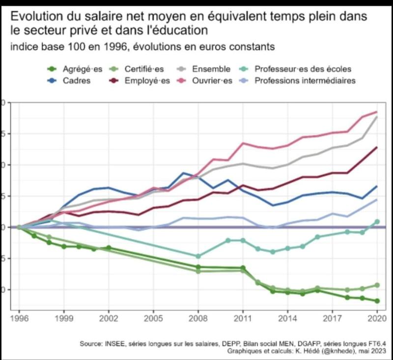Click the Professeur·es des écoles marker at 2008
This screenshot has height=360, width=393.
click(198, 256)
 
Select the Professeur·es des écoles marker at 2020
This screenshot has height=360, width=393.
click(377, 222)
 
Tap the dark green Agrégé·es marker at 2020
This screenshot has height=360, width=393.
click(377, 301)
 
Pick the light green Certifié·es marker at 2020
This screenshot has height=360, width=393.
click(377, 285)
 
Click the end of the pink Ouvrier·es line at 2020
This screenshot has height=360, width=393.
click(377, 112)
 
